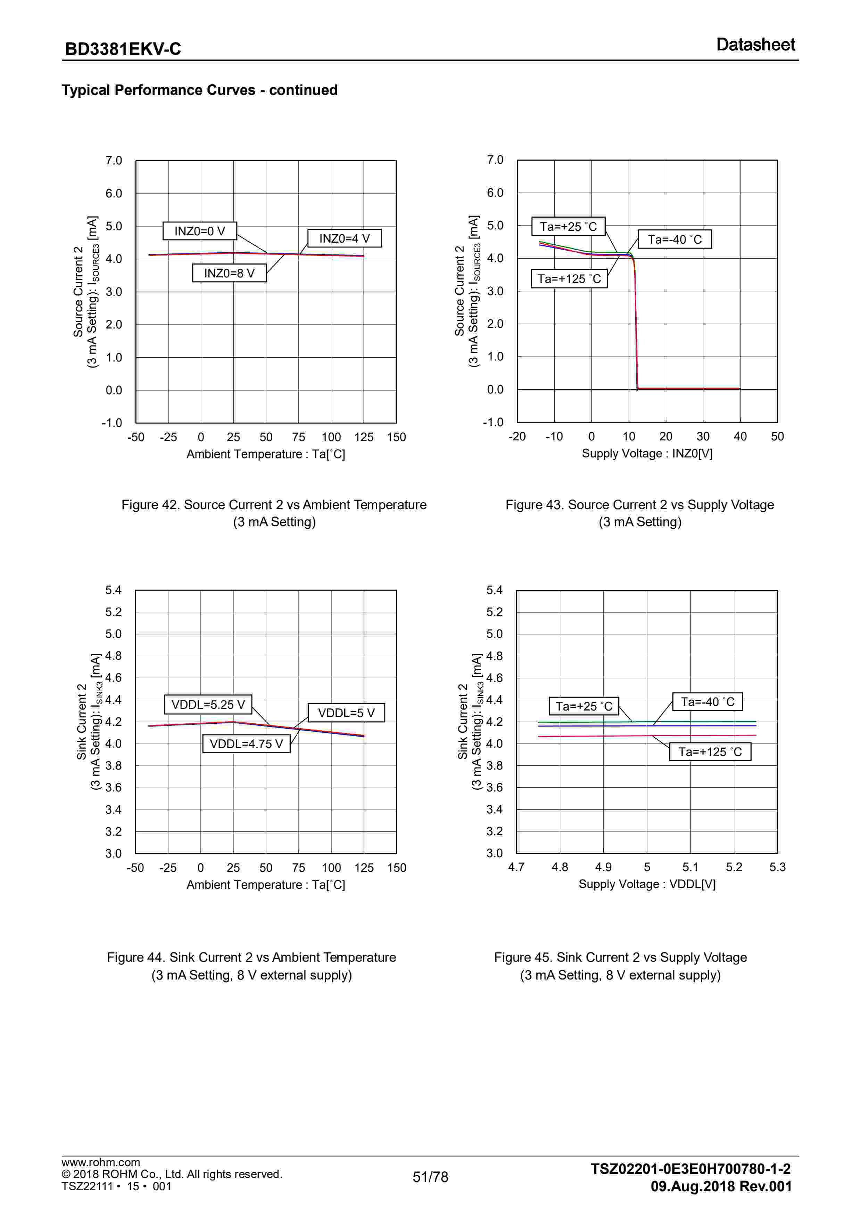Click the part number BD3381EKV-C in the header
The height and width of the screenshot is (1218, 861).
coord(123,49)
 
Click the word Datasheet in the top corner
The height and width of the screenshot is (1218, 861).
coord(755,44)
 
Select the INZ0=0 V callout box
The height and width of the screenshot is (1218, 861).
coord(199,231)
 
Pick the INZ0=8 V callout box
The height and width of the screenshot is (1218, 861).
coord(229,273)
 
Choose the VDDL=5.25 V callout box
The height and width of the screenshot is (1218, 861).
coord(208,705)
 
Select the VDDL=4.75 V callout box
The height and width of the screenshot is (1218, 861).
coord(247,744)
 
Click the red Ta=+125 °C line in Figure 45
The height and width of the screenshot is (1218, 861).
coord(583,736)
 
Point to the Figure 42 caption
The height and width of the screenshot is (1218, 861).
coord(274,513)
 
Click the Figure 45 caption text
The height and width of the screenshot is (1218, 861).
coord(620,966)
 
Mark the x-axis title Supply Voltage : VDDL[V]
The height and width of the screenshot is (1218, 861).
coord(647,884)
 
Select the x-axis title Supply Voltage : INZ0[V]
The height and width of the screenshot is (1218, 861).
coord(647,454)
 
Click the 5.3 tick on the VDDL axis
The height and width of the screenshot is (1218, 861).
coord(777,867)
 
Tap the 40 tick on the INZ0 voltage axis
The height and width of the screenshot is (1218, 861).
coord(740,437)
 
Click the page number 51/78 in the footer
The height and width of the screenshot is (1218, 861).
coord(431,1177)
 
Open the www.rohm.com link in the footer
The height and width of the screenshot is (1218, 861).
coord(101,1162)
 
